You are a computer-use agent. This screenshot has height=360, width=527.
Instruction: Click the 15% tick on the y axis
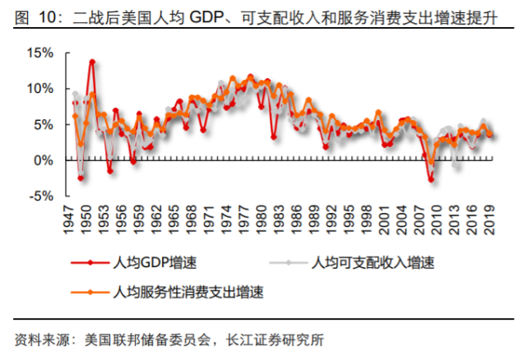[x=39, y=53]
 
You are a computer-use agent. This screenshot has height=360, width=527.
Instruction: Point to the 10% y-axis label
[x=39, y=89]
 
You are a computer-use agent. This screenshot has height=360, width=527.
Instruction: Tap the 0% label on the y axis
[x=42, y=160]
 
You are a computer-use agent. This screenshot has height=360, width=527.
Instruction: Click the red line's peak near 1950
[x=92, y=61]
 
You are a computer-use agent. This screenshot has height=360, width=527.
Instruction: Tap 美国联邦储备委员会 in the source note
[x=145, y=339]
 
